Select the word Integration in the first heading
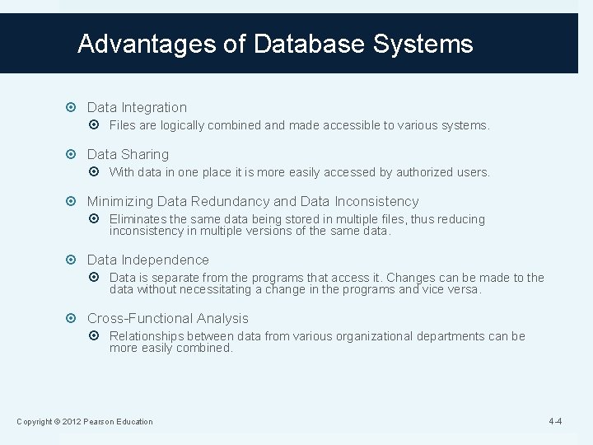tap(154, 107)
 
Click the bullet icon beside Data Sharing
tap(75, 154)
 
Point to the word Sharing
tap(145, 154)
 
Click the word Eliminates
tap(138, 219)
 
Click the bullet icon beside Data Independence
tap(75, 260)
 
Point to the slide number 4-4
tap(555, 422)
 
